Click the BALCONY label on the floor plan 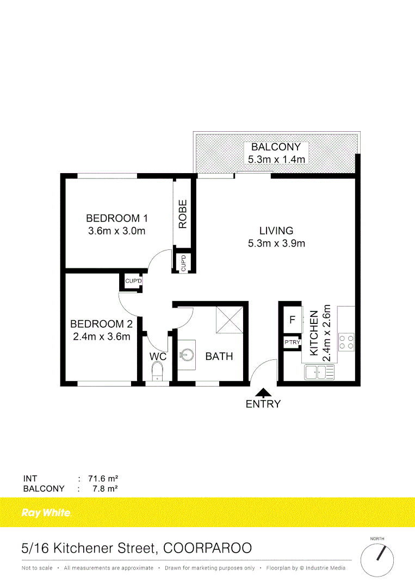click(x=276, y=147)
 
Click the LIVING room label click(x=276, y=231)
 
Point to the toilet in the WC click(x=157, y=372)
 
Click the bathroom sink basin click(x=187, y=355)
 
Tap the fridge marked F click(x=292, y=320)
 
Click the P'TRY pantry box click(x=292, y=342)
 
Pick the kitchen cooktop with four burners click(x=346, y=341)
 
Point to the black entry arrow click(x=264, y=391)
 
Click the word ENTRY click(x=263, y=404)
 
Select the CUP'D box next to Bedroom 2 click(x=133, y=281)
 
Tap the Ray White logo click(x=46, y=512)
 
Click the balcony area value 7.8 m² click(x=106, y=488)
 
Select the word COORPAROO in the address click(x=209, y=548)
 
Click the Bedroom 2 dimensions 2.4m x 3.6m click(x=101, y=336)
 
